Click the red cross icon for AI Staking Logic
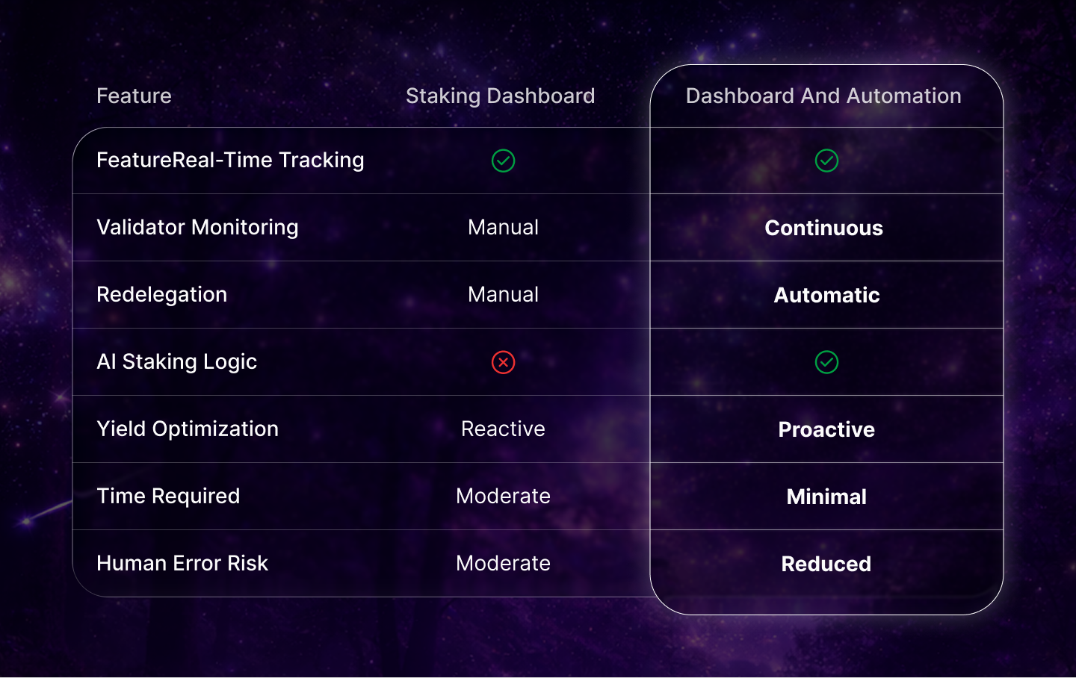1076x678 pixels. [x=503, y=362]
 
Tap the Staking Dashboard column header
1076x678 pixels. [x=500, y=96]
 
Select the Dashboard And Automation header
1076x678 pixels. [x=823, y=96]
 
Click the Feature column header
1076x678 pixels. [x=134, y=96]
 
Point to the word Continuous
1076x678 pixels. [x=823, y=228]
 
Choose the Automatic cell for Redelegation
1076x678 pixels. [x=826, y=295]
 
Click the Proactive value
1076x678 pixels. [x=826, y=429]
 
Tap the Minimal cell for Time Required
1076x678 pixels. [x=826, y=497]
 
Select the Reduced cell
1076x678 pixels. [x=826, y=564]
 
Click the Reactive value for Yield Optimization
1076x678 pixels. [x=503, y=429]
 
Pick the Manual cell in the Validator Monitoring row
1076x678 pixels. [x=503, y=227]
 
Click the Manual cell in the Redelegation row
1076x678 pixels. [x=503, y=294]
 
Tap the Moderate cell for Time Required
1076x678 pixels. [x=503, y=496]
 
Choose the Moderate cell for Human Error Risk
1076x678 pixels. [x=503, y=563]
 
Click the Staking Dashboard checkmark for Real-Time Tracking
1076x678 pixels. [x=503, y=161]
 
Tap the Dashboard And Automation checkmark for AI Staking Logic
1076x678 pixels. [x=826, y=362]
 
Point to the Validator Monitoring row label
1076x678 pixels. [x=197, y=227]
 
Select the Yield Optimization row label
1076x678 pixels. [x=188, y=429]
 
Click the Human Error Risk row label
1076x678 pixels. [x=182, y=563]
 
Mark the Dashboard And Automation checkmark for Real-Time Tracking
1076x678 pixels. [x=826, y=161]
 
